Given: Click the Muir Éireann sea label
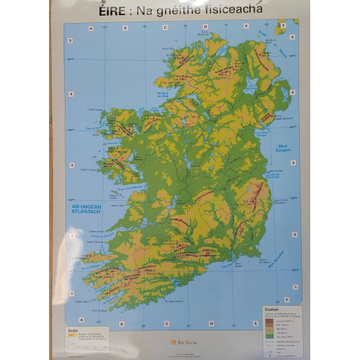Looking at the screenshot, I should click(x=283, y=150).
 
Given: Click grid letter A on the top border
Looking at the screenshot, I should click(x=91, y=27).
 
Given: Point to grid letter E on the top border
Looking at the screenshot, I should click(x=245, y=27).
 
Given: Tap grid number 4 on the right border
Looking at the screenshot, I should click(x=293, y=94).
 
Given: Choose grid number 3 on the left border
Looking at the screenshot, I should click(x=70, y=163).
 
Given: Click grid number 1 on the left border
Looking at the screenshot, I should click(x=70, y=286).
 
